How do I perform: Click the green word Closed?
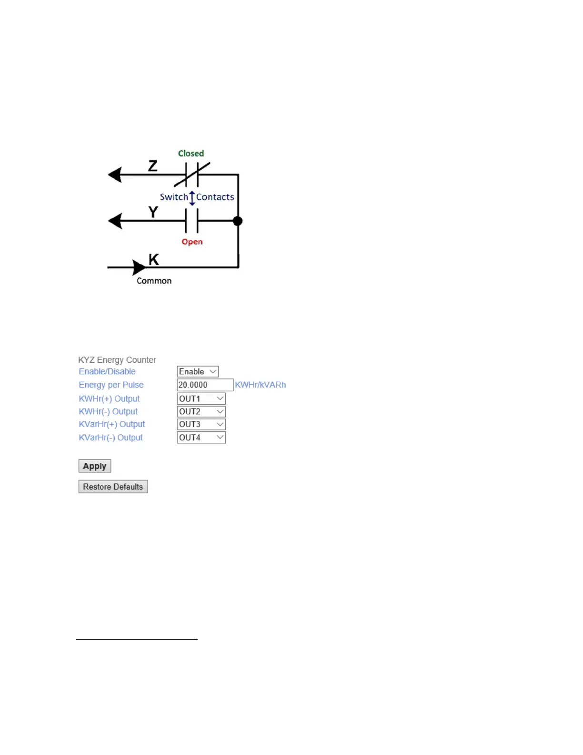(191, 153)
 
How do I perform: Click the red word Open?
(192, 242)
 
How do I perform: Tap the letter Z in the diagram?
(152, 166)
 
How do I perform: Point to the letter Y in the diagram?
(153, 212)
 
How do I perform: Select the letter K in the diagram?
(153, 260)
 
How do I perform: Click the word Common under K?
(154, 281)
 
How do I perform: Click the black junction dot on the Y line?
(238, 221)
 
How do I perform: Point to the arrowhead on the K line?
(139, 267)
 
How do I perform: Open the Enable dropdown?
(198, 372)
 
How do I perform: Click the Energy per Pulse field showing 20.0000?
(205, 385)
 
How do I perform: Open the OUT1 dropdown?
(201, 399)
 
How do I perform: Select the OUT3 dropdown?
(201, 425)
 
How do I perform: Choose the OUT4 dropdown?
(201, 438)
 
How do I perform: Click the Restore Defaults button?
(113, 487)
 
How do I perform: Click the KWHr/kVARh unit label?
(260, 385)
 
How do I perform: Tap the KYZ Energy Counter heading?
(117, 360)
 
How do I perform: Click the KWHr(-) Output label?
(108, 412)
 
